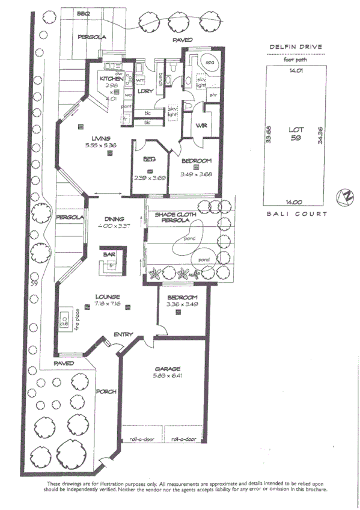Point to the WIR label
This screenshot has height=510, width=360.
[203, 125]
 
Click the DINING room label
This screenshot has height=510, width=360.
[114, 219]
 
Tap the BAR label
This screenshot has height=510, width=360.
[110, 255]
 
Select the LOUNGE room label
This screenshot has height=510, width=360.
[108, 296]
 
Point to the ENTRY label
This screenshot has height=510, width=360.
[124, 334]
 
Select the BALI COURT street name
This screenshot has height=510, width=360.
[296, 214]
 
